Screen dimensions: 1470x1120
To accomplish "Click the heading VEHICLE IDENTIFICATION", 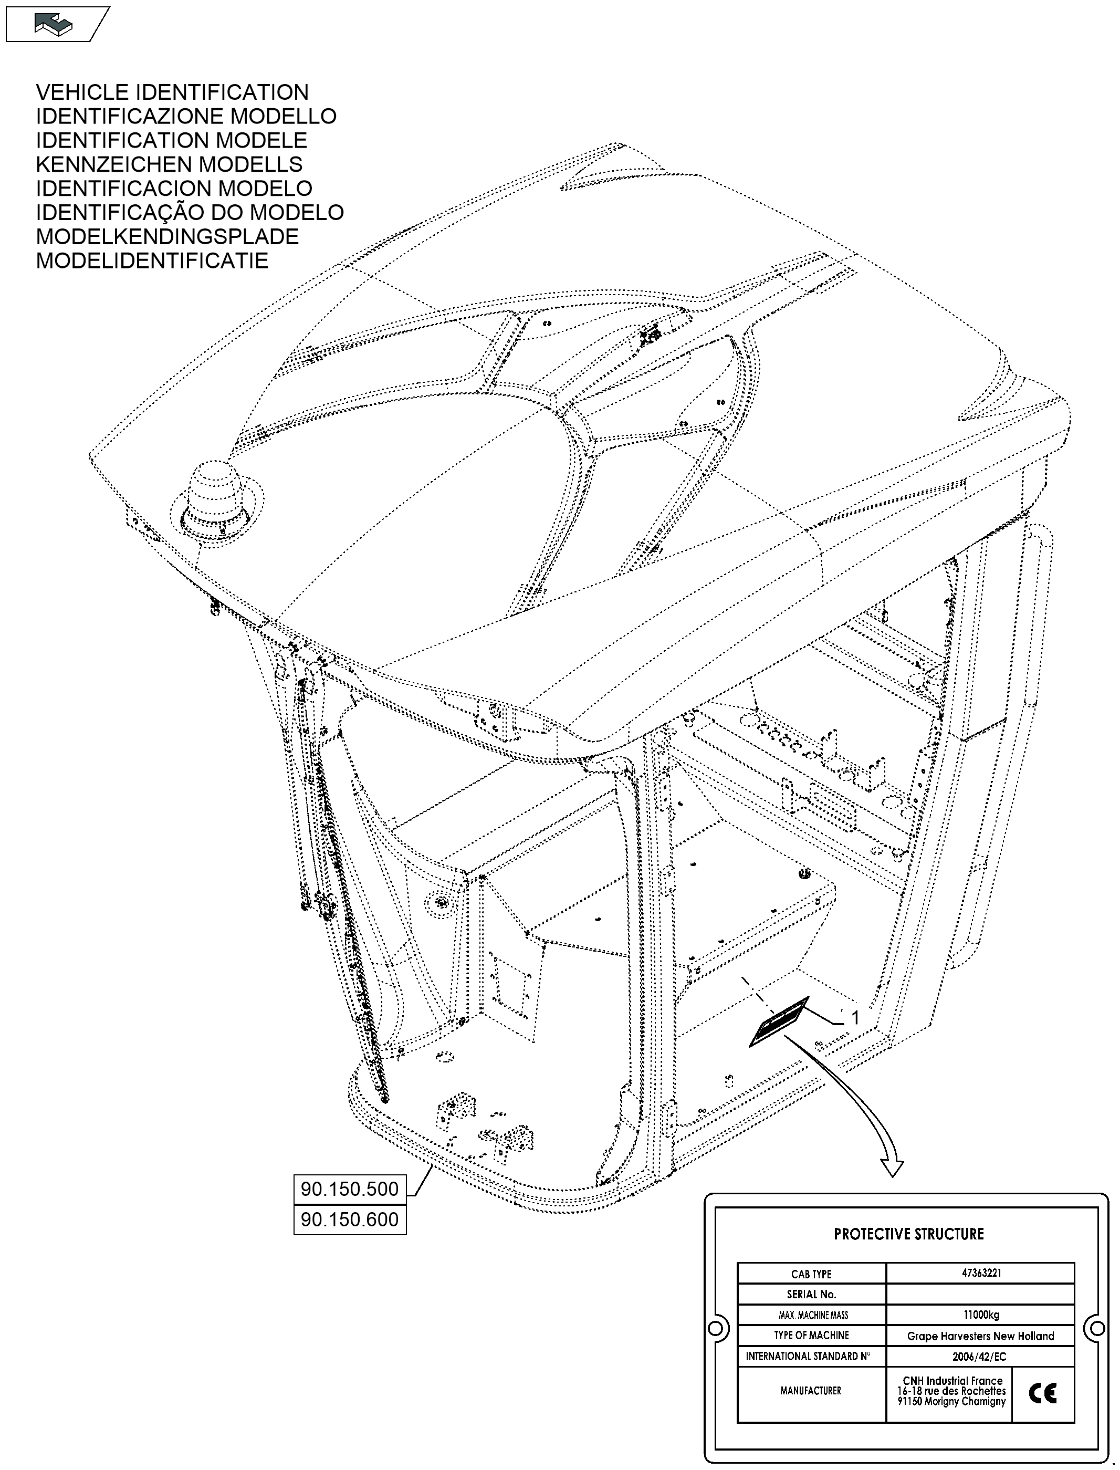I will click(172, 92).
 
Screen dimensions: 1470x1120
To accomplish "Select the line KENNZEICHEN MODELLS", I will click(169, 164).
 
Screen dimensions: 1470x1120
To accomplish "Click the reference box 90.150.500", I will click(349, 1188).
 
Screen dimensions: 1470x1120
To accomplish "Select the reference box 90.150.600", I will click(349, 1219).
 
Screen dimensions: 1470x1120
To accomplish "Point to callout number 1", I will click(855, 1018).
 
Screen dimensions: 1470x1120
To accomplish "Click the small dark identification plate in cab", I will click(779, 1022).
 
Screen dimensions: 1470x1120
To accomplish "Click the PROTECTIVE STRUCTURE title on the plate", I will click(908, 1234).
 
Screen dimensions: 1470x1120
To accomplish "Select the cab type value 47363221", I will click(981, 1273).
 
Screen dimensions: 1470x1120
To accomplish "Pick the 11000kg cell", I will click(981, 1315).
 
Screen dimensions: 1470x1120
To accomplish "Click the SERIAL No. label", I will click(811, 1294).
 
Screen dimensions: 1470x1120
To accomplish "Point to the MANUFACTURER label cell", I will click(811, 1391).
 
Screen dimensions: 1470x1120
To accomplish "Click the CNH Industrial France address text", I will click(951, 1391).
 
